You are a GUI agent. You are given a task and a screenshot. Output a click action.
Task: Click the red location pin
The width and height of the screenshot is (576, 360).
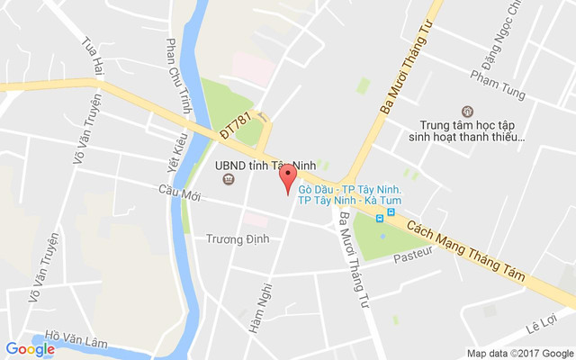pyautogui.click(x=287, y=177)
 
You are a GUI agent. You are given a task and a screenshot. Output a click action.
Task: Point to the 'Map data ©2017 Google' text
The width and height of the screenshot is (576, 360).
pyautogui.click(x=519, y=353)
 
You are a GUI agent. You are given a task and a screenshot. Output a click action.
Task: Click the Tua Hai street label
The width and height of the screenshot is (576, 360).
pyautogui.click(x=94, y=56)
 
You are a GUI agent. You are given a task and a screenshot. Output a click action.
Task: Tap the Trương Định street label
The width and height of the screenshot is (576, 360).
pyautogui.click(x=232, y=239)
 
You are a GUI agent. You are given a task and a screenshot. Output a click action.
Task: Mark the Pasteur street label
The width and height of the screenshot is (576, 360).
pyautogui.click(x=413, y=256)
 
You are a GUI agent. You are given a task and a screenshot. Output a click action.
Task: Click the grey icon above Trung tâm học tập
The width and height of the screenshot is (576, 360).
pyautogui.click(x=466, y=110)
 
